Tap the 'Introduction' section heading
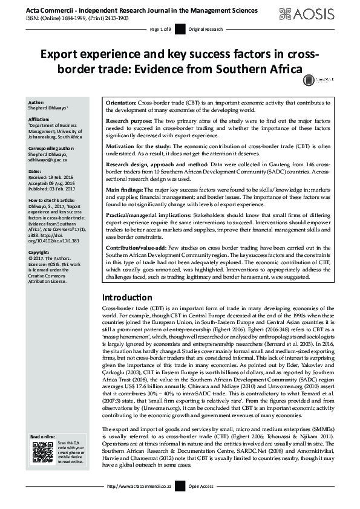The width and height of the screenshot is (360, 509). coord(126,297)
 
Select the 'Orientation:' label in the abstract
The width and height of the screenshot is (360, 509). coord(120,103)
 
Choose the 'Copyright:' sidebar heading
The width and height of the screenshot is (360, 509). coord(39,251)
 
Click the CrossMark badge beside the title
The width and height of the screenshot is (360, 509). coord(309,79)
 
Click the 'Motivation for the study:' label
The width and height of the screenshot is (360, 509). coord(139,147)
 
